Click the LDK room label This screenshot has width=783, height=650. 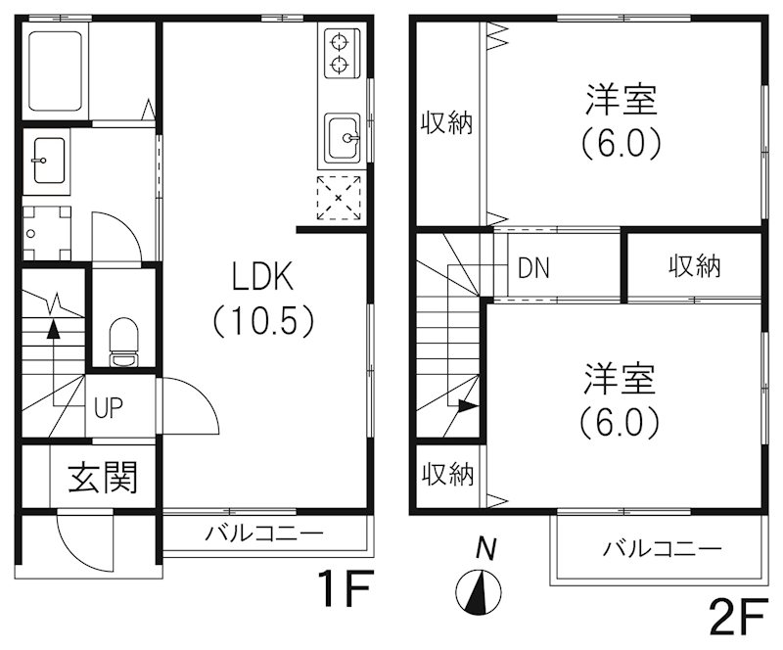point(262,278)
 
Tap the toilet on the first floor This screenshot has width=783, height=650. point(123,343)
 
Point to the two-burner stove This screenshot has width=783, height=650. point(340,53)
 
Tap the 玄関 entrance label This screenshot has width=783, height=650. point(102,479)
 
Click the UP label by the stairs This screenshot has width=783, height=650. point(108,407)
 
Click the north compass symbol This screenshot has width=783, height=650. point(479,589)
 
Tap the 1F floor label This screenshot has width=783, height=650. point(345,590)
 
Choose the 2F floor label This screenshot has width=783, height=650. point(735,618)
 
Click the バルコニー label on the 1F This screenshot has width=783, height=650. point(263,534)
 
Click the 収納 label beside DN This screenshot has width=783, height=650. point(695,266)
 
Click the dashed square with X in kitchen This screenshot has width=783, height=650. point(339,199)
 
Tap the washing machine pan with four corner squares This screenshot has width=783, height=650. point(46,232)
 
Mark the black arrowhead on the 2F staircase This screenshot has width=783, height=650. point(468,404)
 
